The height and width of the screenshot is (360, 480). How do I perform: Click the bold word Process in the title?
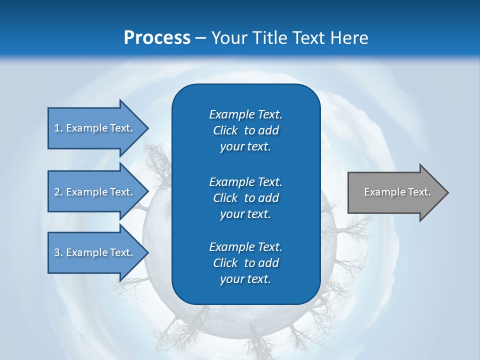coord(157,38)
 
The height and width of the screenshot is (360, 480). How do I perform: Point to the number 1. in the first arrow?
coord(58,128)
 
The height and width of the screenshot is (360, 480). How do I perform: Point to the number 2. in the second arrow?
coord(58,192)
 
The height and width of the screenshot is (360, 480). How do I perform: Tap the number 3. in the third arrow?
coord(58,252)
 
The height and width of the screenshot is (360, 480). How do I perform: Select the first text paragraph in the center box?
coord(245,130)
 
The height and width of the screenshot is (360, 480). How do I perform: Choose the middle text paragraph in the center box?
coord(245,197)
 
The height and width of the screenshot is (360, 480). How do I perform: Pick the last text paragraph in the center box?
coord(245,263)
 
